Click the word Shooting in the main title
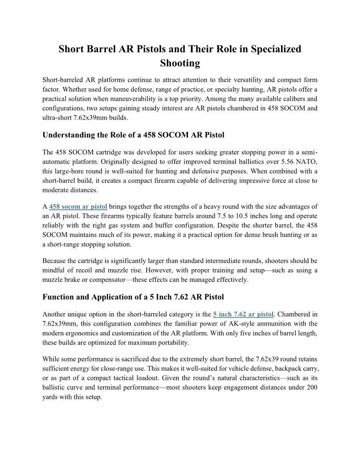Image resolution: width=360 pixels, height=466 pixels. [x=180, y=64]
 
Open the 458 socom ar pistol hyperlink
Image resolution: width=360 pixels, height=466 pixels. [x=78, y=207]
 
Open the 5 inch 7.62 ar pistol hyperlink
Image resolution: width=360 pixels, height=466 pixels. [x=243, y=314]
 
